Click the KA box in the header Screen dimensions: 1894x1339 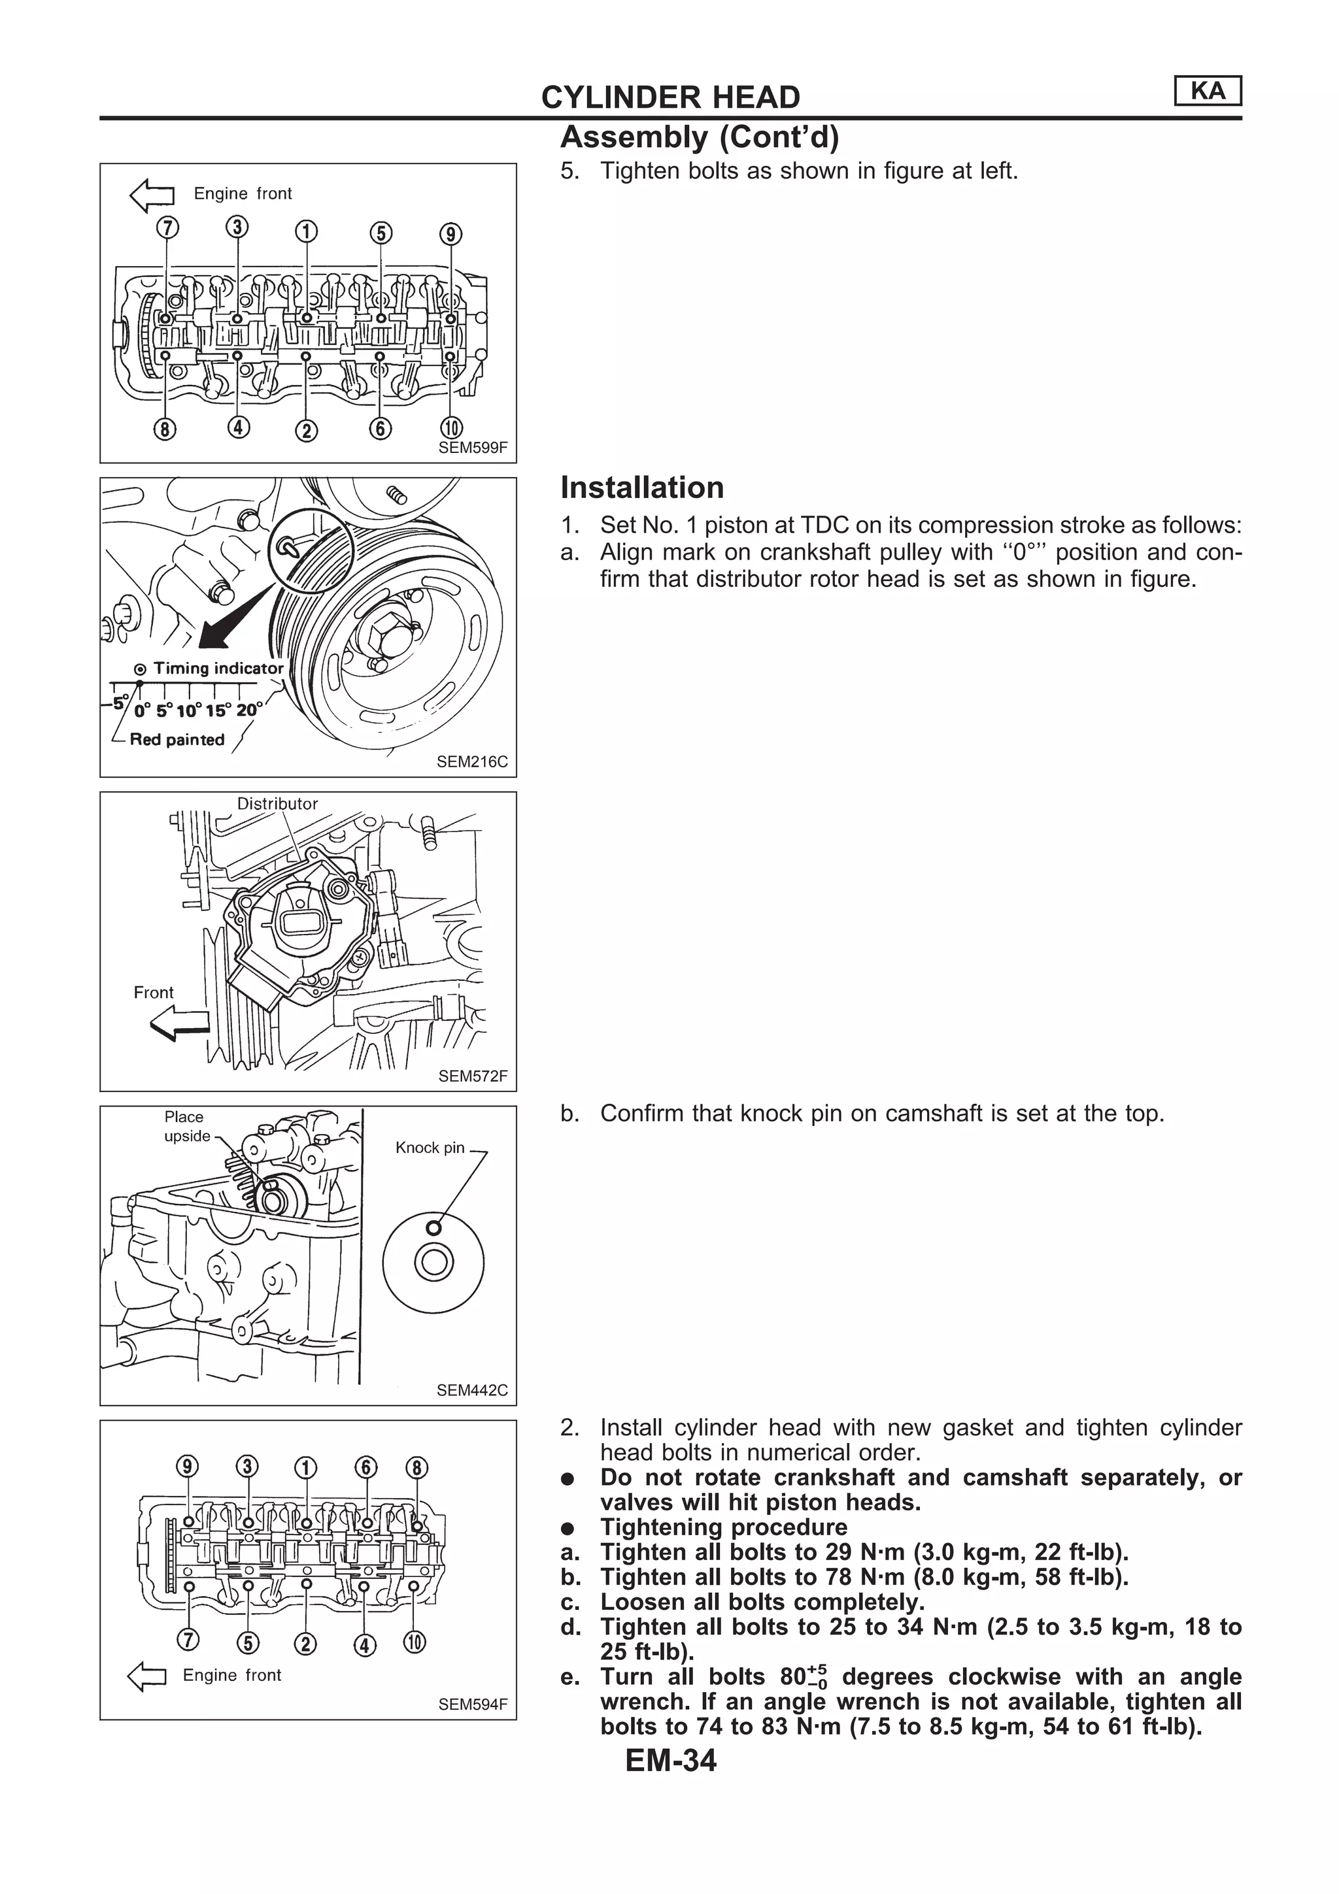tap(1207, 91)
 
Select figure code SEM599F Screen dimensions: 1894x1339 tap(473, 448)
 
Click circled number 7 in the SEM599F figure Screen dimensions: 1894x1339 tap(167, 227)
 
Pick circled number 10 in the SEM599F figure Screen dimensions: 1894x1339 tap(451, 428)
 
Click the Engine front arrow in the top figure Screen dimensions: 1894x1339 tap(152, 195)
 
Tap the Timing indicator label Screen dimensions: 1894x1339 tap(217, 668)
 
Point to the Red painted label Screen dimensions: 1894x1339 tap(177, 739)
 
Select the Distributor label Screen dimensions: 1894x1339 tap(277, 803)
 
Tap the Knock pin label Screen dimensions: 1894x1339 tap(430, 1148)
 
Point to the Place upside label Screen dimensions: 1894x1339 tap(186, 1126)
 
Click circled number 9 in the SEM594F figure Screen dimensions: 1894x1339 tap(188, 1467)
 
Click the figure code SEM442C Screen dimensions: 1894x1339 tap(472, 1390)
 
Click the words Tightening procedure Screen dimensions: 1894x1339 tap(724, 1527)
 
